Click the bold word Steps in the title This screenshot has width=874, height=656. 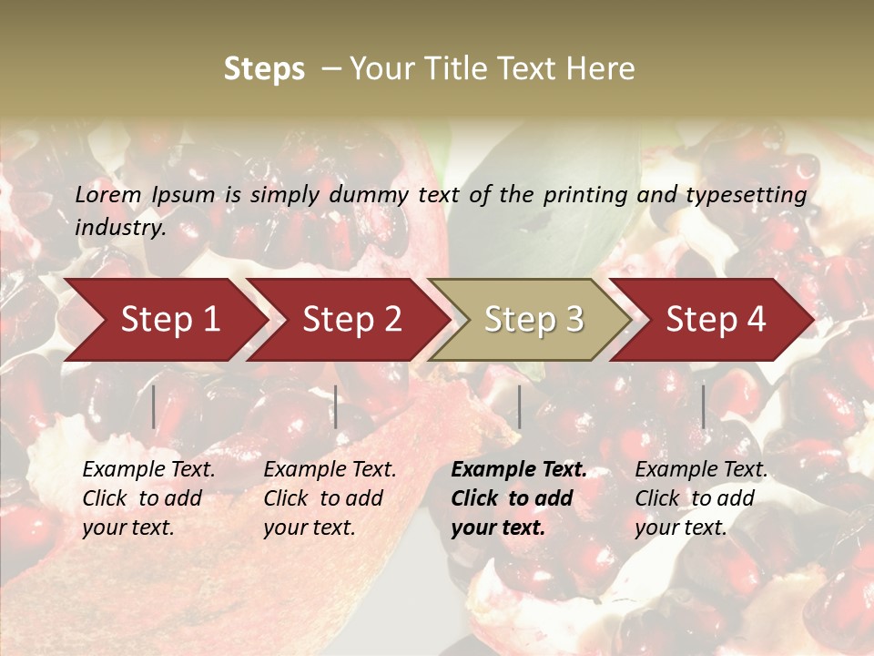pos(264,69)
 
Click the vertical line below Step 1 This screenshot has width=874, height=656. pos(154,406)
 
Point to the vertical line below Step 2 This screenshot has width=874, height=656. pos(336,406)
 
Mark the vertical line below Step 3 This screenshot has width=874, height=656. pos(519,406)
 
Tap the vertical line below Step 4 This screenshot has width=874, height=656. pos(703,406)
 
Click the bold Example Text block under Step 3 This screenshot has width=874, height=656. pos(519,498)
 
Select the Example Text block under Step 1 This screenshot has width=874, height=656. pos(148,498)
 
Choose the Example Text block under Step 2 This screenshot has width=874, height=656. pos(330,498)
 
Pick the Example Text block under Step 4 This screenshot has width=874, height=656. pos(701,498)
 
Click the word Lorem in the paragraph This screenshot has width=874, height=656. pos(108,195)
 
